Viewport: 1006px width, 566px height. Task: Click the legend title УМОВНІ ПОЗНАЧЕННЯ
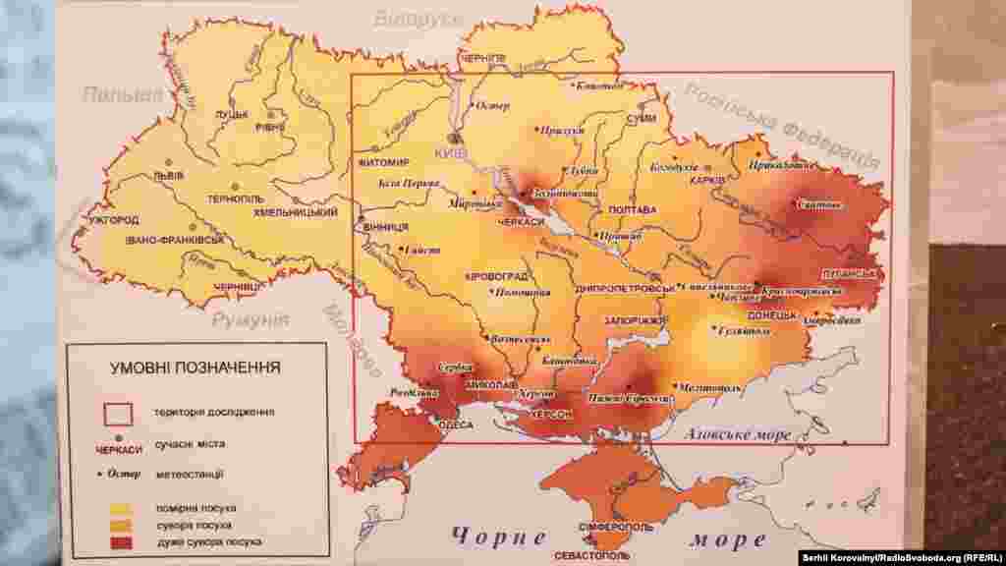coord(195,368)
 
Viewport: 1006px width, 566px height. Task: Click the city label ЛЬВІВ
coord(161,177)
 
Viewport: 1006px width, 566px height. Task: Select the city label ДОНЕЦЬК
coord(772,315)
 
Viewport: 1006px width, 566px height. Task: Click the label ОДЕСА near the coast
coord(455,425)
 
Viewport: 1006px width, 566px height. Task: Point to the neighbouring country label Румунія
coord(251,320)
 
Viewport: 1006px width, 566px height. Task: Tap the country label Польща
coord(123,94)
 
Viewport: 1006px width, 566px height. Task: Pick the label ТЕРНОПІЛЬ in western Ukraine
coord(235,198)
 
